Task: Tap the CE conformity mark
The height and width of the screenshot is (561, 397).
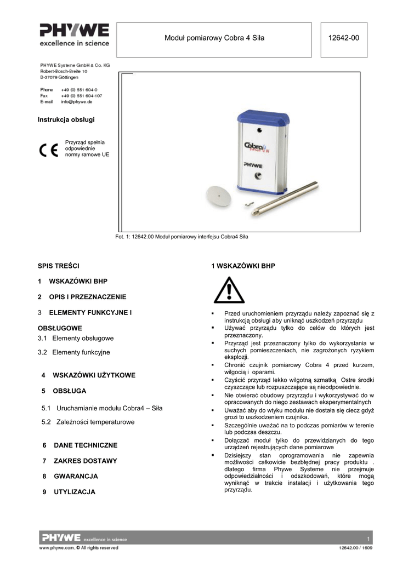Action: (x=48, y=150)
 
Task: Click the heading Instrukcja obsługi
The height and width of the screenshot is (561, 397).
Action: (x=62, y=119)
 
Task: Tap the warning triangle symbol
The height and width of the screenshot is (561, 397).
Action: (x=229, y=290)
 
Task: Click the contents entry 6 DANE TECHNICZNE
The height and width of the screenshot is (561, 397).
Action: (x=80, y=445)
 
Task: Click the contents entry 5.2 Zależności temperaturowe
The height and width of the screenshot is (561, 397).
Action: (x=88, y=422)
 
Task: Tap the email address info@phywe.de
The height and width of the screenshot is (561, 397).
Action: (x=76, y=102)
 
